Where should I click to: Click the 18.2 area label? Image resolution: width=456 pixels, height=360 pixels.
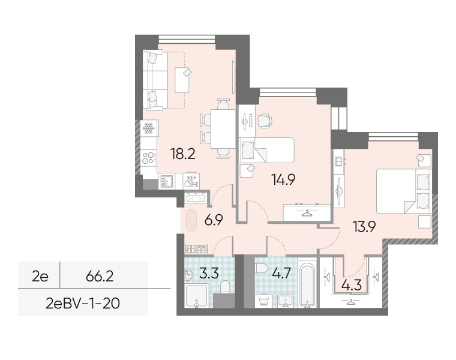point(183,154)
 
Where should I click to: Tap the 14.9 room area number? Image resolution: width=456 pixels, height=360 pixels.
point(283,179)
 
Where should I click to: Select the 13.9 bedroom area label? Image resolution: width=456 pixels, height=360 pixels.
point(364,227)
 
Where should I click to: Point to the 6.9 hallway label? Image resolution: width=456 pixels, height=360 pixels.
point(214,220)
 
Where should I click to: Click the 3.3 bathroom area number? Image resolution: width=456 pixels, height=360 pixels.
point(209,274)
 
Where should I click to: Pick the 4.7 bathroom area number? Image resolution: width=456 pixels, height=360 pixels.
point(281,274)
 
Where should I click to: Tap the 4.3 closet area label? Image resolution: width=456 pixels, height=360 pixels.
point(352,285)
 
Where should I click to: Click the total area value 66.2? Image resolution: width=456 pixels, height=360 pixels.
point(100,276)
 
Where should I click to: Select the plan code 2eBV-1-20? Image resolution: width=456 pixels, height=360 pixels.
point(83,304)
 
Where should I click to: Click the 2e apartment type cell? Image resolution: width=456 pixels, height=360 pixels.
point(40,276)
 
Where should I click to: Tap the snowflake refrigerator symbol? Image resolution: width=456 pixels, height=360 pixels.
point(148,128)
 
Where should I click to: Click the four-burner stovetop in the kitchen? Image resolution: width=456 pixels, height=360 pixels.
point(149,157)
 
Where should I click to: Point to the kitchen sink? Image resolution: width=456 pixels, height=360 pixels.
point(167,181)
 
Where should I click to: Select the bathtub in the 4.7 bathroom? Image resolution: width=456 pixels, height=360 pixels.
point(307,284)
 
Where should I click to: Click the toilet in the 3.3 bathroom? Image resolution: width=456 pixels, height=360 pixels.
point(225,287)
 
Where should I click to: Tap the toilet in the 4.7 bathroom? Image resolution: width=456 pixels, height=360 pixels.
point(261,268)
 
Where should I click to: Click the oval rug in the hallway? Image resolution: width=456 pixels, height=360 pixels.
point(191,220)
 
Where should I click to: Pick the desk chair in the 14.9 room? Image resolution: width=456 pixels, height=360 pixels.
point(265,121)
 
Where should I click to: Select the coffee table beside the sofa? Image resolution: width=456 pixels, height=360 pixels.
point(182,80)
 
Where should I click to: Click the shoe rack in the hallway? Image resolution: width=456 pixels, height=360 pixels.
point(197,249)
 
